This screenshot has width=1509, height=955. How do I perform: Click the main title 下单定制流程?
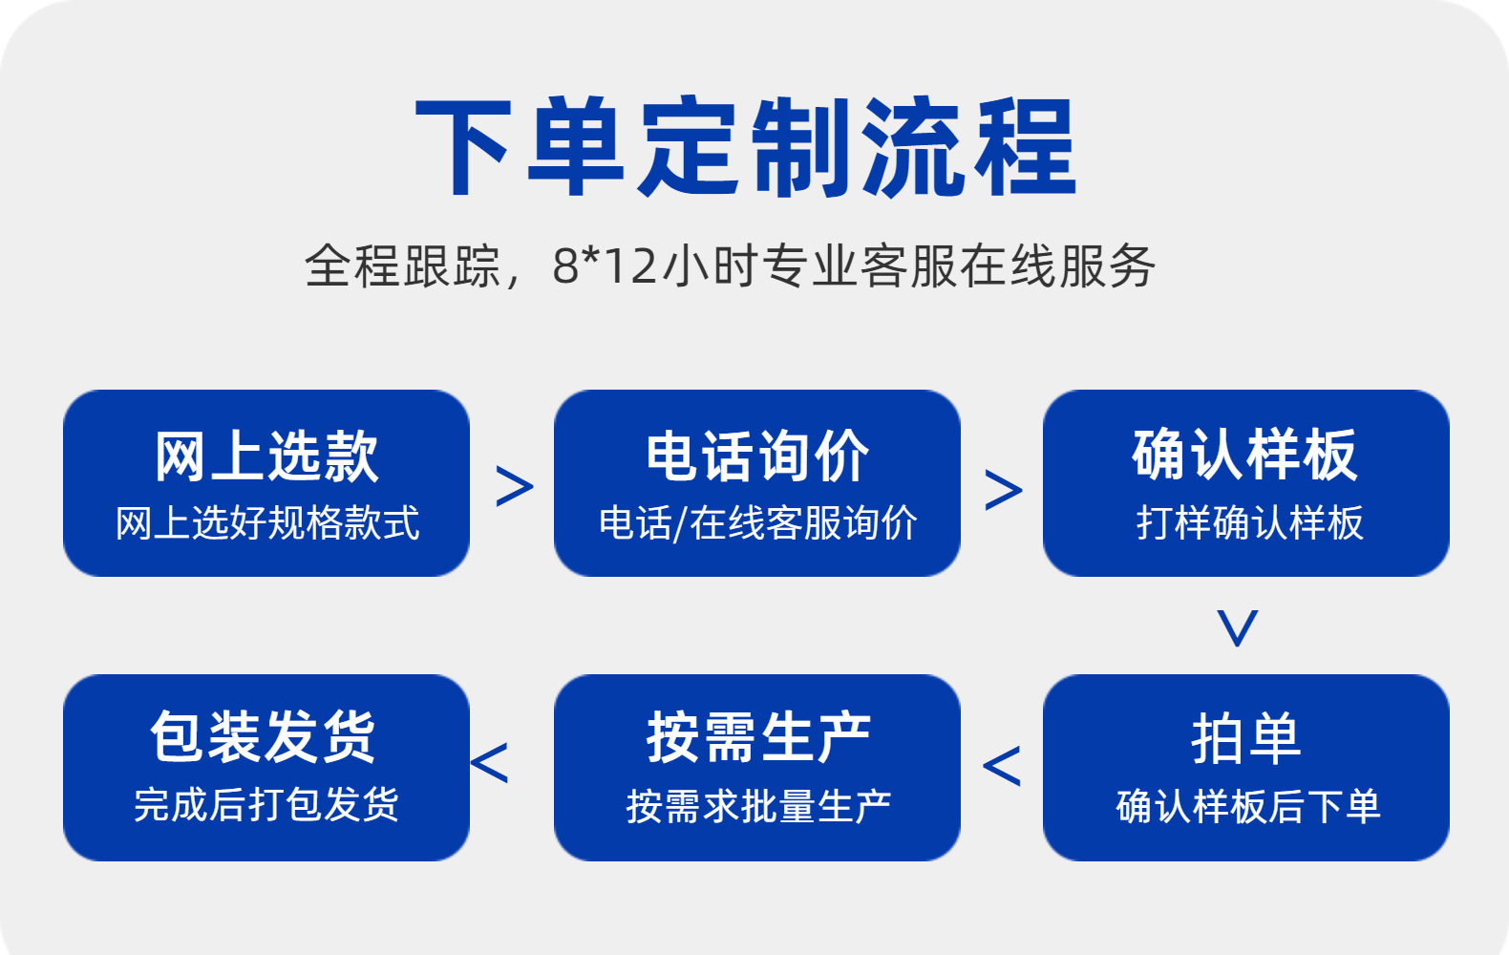(x=746, y=146)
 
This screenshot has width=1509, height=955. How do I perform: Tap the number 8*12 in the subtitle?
(x=605, y=265)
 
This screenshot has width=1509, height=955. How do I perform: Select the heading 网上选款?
(x=266, y=456)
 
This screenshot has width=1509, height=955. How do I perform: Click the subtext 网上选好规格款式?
(x=266, y=522)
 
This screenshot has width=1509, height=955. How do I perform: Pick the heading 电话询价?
(x=757, y=456)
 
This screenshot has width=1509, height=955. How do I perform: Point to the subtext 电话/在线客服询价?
(x=757, y=522)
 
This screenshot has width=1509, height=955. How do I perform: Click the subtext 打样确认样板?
(x=1249, y=522)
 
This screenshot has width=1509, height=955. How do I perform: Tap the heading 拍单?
(x=1246, y=739)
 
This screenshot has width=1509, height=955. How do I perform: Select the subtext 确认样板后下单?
(x=1248, y=806)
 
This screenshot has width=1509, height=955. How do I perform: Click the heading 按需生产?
(x=758, y=738)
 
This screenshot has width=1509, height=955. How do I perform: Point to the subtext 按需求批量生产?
(x=758, y=806)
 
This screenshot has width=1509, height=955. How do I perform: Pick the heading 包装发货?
(x=263, y=737)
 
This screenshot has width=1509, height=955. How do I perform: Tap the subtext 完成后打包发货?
(x=266, y=804)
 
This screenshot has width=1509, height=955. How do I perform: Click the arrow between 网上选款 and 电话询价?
(x=515, y=486)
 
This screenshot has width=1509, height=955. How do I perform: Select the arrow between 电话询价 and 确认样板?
(x=1004, y=490)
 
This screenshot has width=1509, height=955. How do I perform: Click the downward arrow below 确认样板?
(x=1238, y=627)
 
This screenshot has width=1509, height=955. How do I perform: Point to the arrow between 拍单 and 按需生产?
(x=1002, y=766)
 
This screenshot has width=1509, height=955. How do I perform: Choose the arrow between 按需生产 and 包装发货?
(x=489, y=763)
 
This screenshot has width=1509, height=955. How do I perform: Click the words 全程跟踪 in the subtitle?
(x=402, y=265)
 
